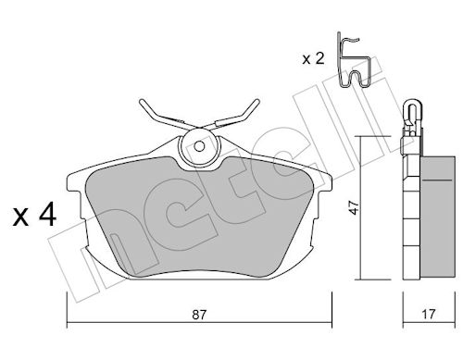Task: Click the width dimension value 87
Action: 199,315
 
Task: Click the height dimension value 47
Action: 355,207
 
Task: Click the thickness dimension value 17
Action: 429,314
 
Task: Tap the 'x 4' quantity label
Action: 34,214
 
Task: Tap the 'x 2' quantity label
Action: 313,58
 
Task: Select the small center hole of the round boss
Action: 199,146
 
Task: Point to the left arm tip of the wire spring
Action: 142,102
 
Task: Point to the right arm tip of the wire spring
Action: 257,102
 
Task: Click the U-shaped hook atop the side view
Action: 412,109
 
